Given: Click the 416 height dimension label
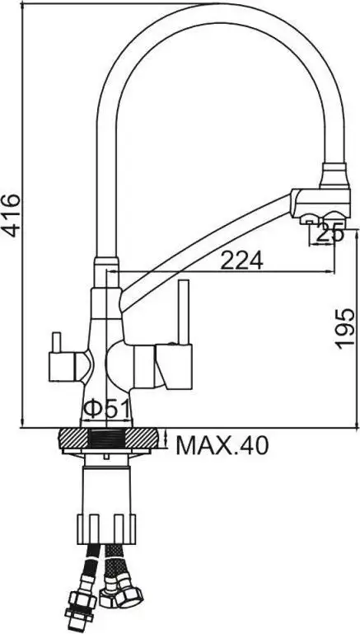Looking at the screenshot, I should click(x=11, y=215).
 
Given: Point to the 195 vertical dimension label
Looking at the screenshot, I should click(x=346, y=328).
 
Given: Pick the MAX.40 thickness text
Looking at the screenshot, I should click(x=222, y=446).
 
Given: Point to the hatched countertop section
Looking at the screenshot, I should click(x=106, y=439).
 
